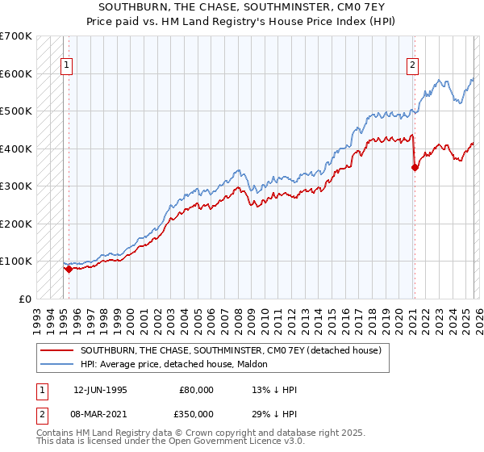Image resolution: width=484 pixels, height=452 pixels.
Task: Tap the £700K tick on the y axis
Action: (x=16, y=36)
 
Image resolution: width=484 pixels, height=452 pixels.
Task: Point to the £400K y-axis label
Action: (x=16, y=149)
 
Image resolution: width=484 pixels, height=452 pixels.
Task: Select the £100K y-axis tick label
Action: (x=16, y=261)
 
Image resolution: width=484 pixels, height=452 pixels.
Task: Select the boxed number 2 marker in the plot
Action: (x=412, y=66)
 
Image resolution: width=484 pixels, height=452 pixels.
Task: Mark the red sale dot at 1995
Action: (x=69, y=269)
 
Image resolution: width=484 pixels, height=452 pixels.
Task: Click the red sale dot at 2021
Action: (x=415, y=168)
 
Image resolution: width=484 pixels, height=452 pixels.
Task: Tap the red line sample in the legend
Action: (x=56, y=350)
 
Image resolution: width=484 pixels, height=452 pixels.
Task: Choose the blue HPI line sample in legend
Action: (x=56, y=364)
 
